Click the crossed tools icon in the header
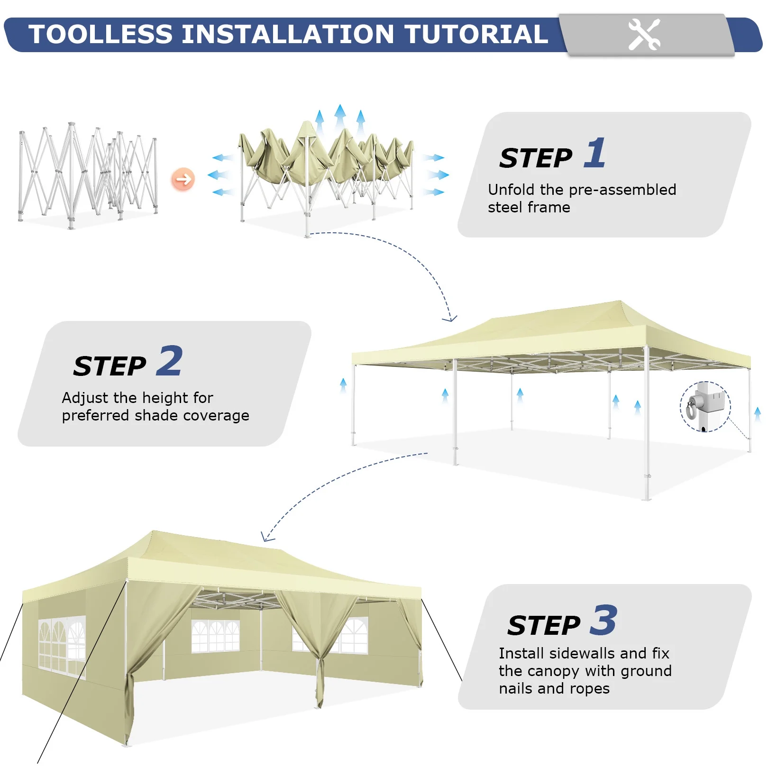(x=644, y=34)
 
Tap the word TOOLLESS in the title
(x=101, y=34)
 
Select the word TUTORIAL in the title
(x=476, y=34)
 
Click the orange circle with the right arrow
(x=183, y=179)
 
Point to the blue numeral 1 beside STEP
(x=595, y=153)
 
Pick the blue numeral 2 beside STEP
(x=169, y=361)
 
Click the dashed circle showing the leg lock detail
(x=705, y=407)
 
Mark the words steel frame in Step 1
(x=529, y=207)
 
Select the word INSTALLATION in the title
(x=288, y=34)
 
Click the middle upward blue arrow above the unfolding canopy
(x=340, y=117)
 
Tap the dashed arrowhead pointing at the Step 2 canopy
(x=450, y=318)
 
